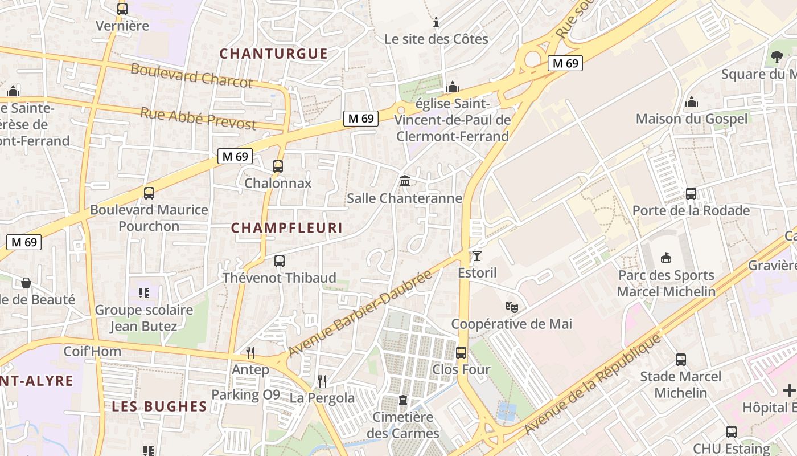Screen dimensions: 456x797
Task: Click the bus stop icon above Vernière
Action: click(x=122, y=9)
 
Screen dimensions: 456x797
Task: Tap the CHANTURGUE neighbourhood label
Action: click(x=274, y=54)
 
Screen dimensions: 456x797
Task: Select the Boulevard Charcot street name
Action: click(x=191, y=76)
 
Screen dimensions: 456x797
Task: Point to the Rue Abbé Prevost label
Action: click(x=198, y=118)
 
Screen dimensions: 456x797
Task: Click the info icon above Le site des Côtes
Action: click(x=436, y=22)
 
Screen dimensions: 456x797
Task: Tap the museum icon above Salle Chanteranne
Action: click(x=405, y=181)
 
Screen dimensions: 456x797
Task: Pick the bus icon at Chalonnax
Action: click(x=278, y=166)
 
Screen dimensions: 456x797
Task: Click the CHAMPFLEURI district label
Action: click(x=287, y=228)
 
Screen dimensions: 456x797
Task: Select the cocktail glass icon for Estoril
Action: click(x=477, y=256)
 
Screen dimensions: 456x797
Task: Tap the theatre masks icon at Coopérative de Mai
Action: click(x=512, y=307)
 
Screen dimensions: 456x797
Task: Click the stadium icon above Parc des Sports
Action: click(x=666, y=258)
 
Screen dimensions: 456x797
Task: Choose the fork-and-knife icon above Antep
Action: click(x=250, y=353)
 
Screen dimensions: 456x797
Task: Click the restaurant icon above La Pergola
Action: click(x=322, y=381)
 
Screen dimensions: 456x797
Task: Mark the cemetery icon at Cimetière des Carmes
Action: click(x=403, y=400)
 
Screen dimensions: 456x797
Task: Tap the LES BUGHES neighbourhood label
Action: click(x=159, y=406)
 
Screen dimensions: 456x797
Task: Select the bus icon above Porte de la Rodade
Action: click(x=691, y=194)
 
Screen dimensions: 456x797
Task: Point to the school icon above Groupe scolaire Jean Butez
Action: click(x=144, y=293)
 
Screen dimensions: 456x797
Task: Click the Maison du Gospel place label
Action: click(x=692, y=119)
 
